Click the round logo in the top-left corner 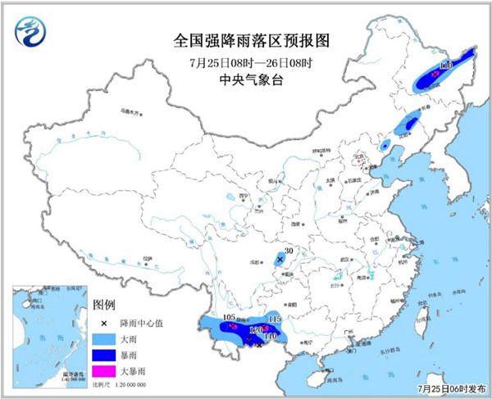point(30,30)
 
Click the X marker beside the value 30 point(280,259)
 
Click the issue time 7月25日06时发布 point(450,388)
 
